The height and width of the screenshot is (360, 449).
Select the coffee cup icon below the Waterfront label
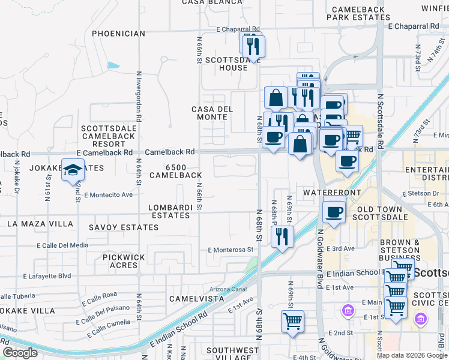pos(334,212)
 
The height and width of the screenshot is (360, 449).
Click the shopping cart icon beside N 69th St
pos(292,321)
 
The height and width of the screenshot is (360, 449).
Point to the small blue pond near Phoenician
pos(113,65)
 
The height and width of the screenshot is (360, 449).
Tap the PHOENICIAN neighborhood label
pos(119,34)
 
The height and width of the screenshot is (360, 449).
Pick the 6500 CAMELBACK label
pos(175,171)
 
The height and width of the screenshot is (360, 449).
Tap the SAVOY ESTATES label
pos(124,227)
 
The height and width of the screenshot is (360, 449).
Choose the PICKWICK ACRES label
pos(124,260)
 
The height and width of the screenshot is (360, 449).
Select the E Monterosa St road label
pos(231,250)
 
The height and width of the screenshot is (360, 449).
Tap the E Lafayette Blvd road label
pos(47,277)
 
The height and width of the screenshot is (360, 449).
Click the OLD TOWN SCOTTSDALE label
pos(382,213)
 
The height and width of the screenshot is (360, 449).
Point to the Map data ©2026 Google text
pos(412,355)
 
